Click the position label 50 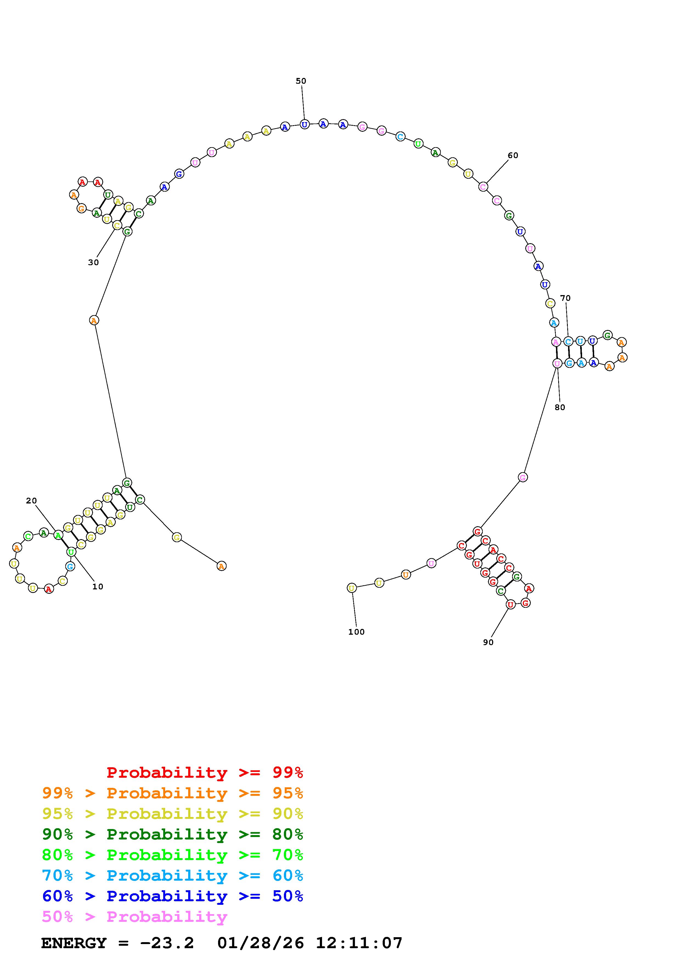pyautogui.click(x=301, y=81)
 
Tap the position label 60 pyautogui.click(x=513, y=156)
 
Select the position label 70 pyautogui.click(x=565, y=298)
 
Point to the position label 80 pyautogui.click(x=560, y=407)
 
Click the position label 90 pyautogui.click(x=488, y=642)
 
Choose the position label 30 pyautogui.click(x=94, y=262)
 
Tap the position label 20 pyautogui.click(x=32, y=500)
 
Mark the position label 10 pyautogui.click(x=98, y=586)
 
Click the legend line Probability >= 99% pyautogui.click(x=205, y=772)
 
